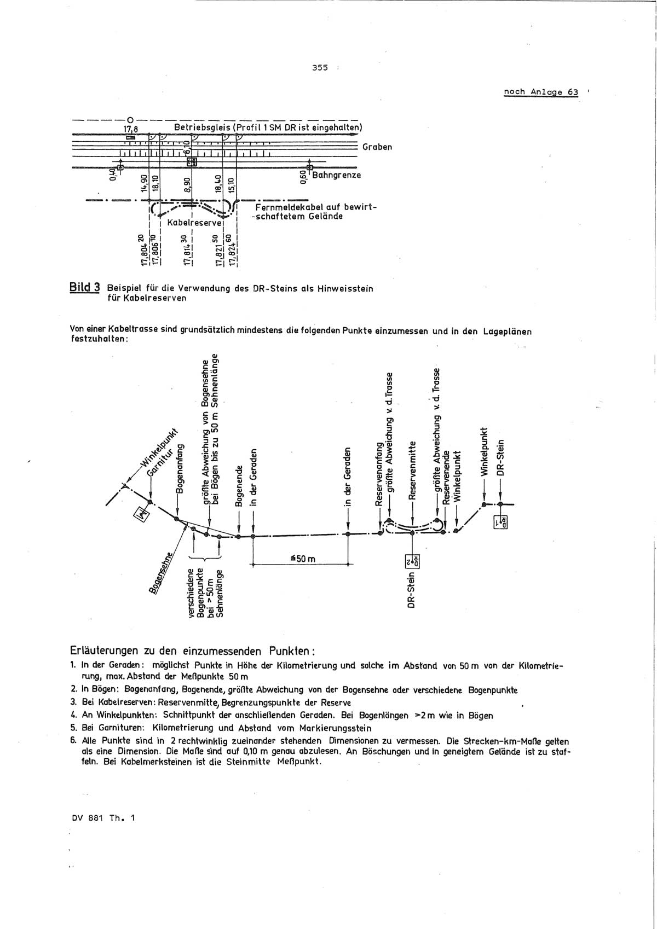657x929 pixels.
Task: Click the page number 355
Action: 320,68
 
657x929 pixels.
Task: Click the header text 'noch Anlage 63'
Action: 540,92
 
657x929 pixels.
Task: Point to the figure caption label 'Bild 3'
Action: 85,287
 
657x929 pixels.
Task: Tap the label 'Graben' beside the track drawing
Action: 377,147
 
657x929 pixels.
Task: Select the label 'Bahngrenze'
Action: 336,175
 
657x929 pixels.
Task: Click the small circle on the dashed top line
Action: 130,119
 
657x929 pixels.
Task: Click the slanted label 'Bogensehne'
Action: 160,572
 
